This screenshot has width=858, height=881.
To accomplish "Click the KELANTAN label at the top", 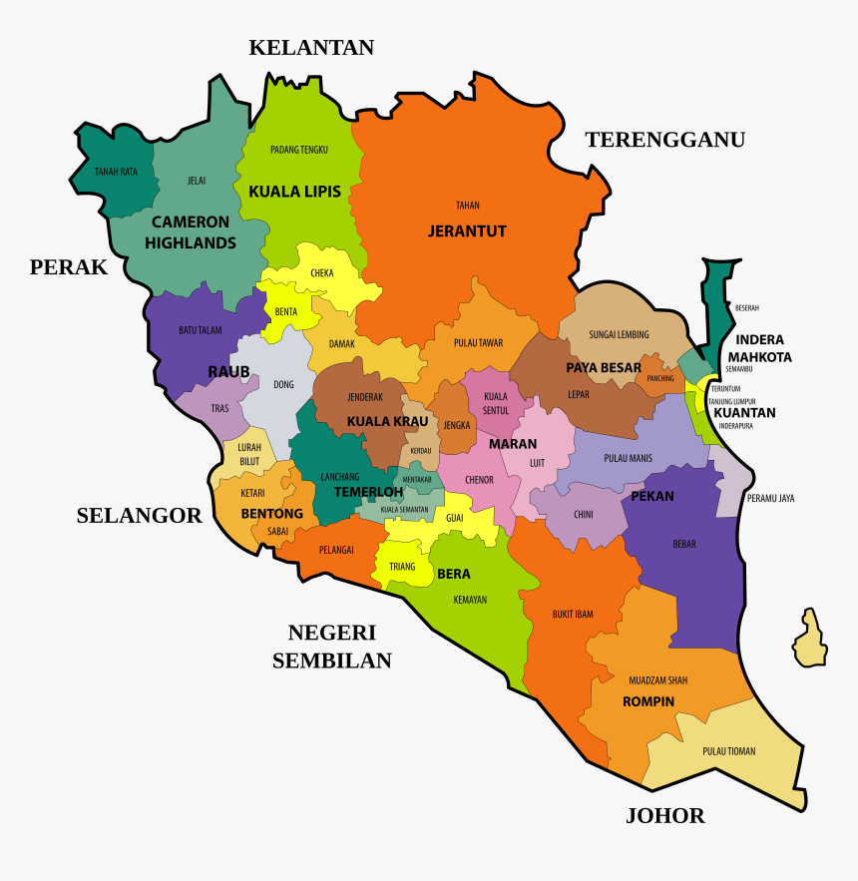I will tap(311, 47).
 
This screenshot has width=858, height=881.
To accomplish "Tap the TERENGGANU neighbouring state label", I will tap(664, 140).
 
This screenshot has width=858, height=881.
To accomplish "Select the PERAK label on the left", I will tap(68, 267).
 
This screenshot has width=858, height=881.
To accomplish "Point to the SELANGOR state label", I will tap(139, 515).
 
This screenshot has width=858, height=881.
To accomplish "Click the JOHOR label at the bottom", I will tap(664, 816).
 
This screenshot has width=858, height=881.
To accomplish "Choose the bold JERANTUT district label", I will tap(467, 231).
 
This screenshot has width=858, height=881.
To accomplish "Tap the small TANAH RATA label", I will tap(116, 172).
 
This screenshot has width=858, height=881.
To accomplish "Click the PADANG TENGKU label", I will tap(299, 150).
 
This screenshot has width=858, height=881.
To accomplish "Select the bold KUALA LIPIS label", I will tap(294, 192).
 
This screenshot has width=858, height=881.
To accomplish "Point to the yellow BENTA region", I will tap(286, 311).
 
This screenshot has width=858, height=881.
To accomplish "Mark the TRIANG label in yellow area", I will tap(402, 567).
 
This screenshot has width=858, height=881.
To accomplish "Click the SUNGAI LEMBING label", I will tap(619, 334).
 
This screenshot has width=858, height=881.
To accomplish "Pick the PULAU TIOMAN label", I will tap(728, 751).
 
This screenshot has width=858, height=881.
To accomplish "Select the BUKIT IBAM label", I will tap(573, 615).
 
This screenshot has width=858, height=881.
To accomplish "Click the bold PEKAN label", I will tap(652, 496).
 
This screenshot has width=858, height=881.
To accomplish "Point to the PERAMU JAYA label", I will tap(771, 498).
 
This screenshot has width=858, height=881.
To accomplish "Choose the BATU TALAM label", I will tap(201, 330).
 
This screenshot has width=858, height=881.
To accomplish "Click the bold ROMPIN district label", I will tap(648, 701).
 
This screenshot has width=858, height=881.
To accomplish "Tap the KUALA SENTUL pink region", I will tap(495, 403).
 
